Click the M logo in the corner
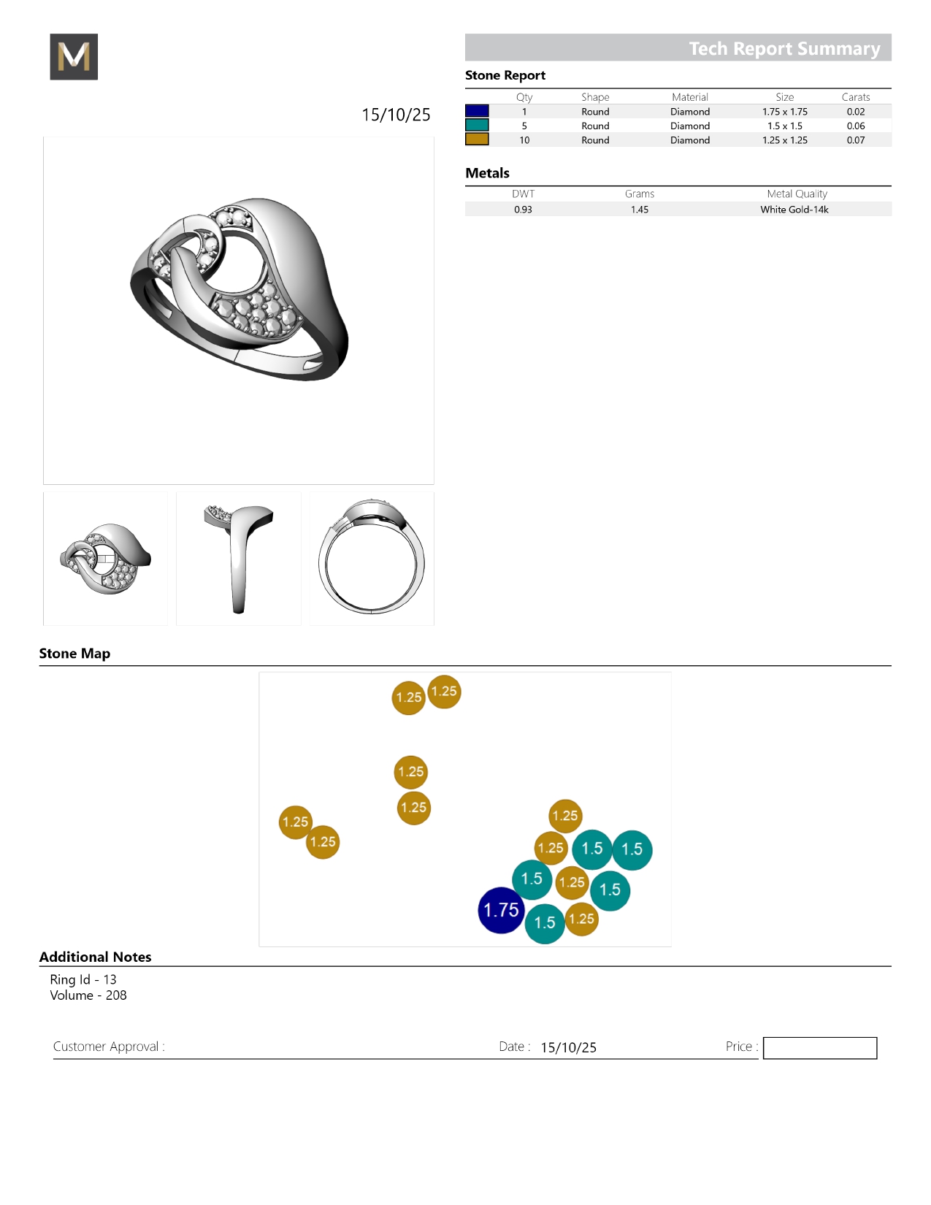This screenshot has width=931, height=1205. [74, 56]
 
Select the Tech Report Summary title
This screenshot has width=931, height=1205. [784, 48]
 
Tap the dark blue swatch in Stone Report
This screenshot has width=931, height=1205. [477, 111]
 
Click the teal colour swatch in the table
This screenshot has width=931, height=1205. [477, 126]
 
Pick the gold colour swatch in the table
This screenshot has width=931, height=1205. [477, 139]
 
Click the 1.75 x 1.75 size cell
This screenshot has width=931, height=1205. [785, 112]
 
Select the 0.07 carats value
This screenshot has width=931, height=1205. [856, 140]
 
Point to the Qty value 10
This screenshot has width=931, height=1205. [524, 140]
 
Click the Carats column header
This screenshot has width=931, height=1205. [856, 97]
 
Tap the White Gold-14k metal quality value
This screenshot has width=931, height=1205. [794, 210]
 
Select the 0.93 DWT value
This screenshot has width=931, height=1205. [523, 210]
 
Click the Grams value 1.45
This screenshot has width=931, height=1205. [640, 210]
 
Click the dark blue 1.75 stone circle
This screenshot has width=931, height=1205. [501, 910]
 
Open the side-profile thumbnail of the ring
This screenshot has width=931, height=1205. [239, 559]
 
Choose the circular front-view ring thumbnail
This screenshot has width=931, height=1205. [372, 559]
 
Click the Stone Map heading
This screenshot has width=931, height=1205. [74, 653]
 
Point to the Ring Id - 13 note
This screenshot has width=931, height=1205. [83, 979]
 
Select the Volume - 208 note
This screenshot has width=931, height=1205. [88, 995]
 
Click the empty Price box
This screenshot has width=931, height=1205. [819, 1047]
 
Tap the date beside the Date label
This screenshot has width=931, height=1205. [568, 1047]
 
